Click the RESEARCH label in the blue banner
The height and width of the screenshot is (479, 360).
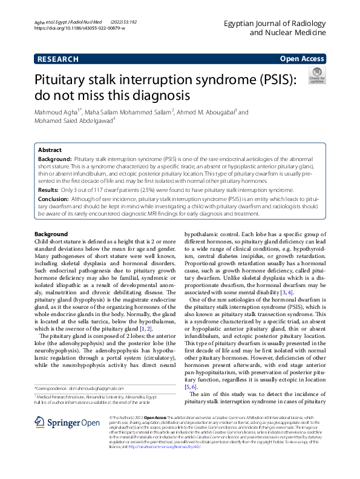pos(58,59)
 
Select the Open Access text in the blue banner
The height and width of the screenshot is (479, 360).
pos(301,59)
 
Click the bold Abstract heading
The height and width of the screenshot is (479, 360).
pos(50,150)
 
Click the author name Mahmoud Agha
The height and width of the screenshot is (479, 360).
pos(57,112)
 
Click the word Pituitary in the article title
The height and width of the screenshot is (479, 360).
pos(64,80)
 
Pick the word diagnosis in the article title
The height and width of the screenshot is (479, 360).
pos(156,96)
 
